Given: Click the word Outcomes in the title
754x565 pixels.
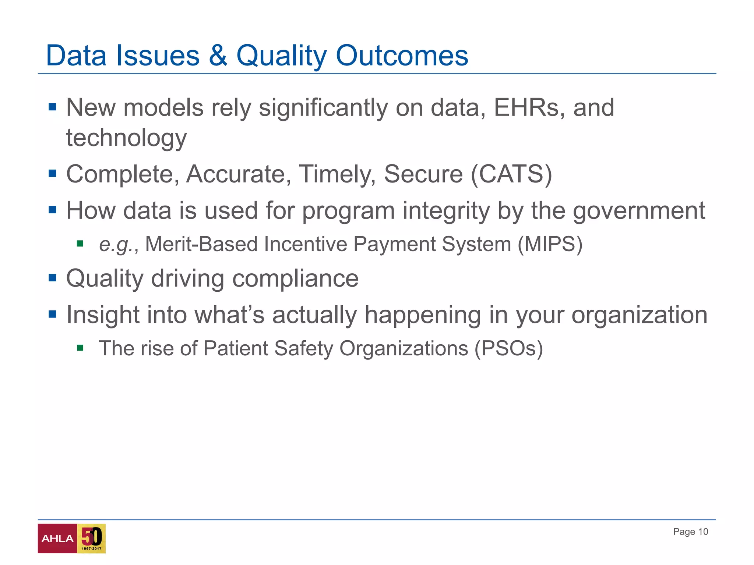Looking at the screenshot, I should (402, 56).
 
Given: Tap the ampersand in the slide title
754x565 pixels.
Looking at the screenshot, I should (218, 56).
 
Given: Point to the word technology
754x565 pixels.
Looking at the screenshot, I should (126, 138).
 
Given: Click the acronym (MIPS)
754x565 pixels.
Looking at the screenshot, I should (550, 244).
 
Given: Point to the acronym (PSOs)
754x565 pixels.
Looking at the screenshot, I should (508, 348).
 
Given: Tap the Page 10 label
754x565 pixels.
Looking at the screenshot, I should (690, 532).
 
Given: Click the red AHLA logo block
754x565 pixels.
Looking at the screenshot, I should (57, 539).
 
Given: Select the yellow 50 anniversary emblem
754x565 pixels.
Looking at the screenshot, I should (91, 539).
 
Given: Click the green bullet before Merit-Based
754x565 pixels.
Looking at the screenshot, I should (80, 244).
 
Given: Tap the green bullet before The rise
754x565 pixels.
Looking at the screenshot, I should (80, 348).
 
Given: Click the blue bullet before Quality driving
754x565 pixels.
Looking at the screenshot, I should (52, 278).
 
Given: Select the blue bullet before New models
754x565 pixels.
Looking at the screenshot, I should (52, 107).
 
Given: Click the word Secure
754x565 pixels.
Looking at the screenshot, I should (423, 174).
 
